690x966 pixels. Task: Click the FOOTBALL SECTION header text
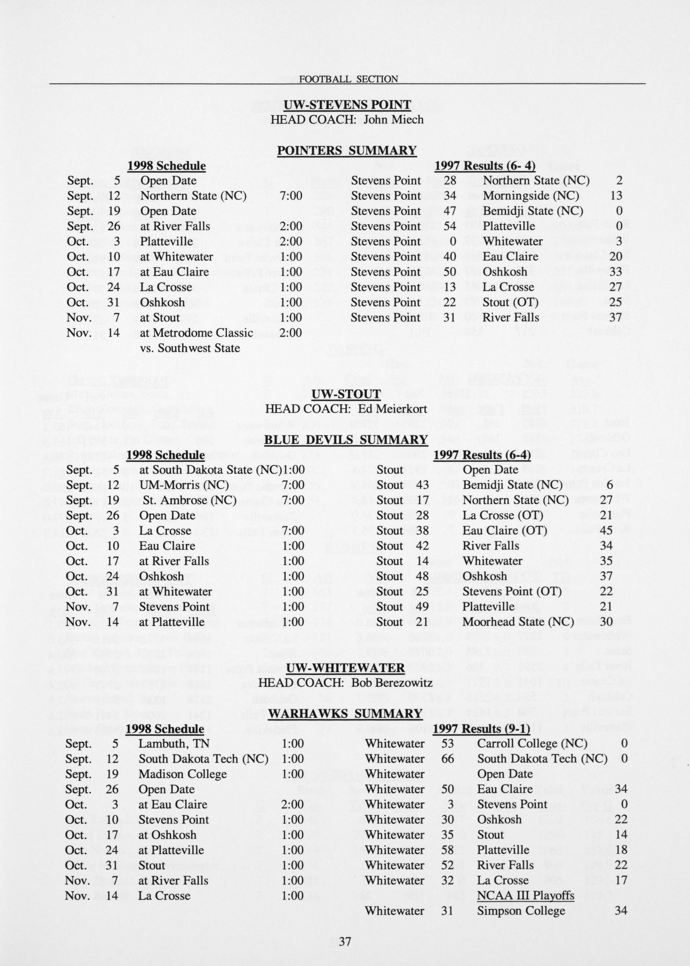[x=348, y=79]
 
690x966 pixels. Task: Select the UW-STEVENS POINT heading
[x=347, y=104]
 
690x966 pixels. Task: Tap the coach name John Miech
[x=394, y=119]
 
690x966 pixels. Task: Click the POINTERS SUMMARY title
[x=346, y=151]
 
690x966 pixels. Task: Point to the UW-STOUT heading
[x=346, y=394]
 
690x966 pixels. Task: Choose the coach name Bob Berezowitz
[x=392, y=683]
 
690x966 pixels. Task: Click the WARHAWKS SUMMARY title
[x=345, y=713]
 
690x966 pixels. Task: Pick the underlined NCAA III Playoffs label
[x=525, y=884]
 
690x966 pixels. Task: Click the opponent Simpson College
[x=521, y=899]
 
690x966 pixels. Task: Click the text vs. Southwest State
[x=190, y=348]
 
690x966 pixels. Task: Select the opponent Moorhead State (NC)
[x=518, y=622]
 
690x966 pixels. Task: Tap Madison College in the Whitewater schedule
[x=182, y=774]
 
